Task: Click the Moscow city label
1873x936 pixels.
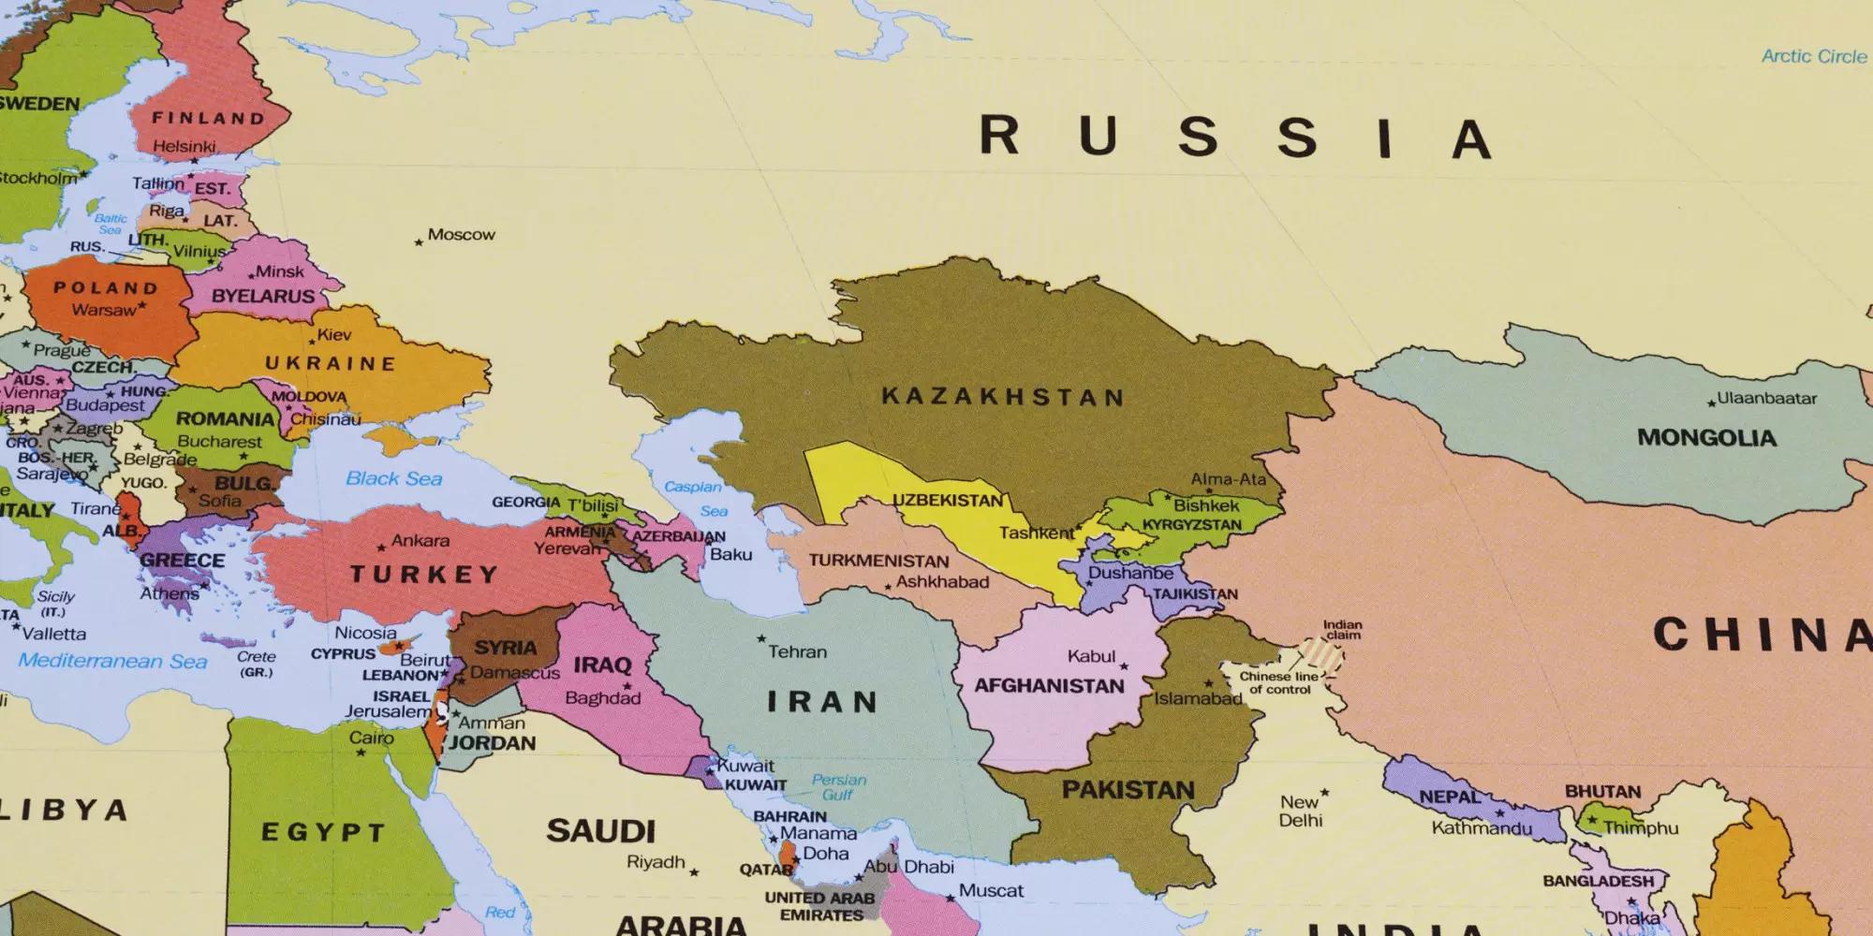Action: [461, 235]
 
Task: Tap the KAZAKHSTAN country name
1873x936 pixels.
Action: [1002, 397]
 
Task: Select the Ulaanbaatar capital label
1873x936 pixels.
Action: [1766, 398]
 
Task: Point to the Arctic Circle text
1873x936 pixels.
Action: [1814, 56]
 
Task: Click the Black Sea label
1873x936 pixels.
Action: [393, 478]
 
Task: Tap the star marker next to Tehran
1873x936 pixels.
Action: [761, 639]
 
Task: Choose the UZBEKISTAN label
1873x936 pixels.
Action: [947, 500]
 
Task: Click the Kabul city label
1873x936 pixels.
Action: [1091, 656]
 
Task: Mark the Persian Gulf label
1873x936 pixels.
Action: [839, 786]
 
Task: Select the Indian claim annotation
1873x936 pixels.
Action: [1342, 630]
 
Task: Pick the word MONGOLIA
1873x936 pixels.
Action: [1706, 437]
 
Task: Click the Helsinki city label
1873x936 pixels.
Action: [184, 147]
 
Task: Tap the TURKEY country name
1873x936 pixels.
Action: [423, 574]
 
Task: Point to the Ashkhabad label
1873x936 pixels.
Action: [942, 581]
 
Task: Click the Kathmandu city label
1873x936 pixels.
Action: [1482, 827]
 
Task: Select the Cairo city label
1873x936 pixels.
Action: [371, 738]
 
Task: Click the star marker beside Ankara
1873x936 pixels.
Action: [381, 548]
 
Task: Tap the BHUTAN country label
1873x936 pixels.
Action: [1602, 792]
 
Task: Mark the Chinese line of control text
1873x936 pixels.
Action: [1279, 682]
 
